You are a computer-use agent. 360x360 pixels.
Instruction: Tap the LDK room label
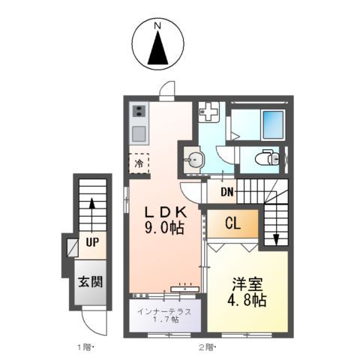[x=164, y=212]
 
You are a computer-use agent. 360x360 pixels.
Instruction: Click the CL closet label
[x=232, y=223]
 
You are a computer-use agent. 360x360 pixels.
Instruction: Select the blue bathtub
[x=272, y=121]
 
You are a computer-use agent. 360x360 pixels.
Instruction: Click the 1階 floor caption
[x=84, y=347]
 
